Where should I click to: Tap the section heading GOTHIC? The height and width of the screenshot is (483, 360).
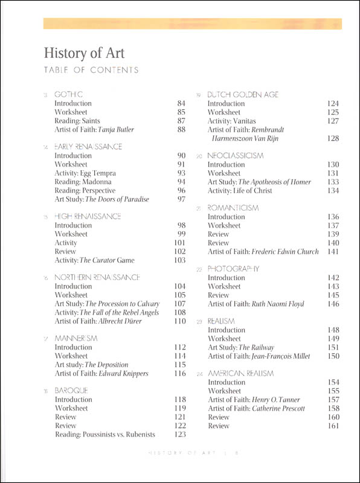(x=68, y=94)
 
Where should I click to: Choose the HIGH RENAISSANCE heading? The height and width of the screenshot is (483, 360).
(x=88, y=216)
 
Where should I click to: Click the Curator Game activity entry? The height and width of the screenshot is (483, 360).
(x=94, y=260)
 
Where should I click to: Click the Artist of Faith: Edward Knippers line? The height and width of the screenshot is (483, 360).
(x=101, y=374)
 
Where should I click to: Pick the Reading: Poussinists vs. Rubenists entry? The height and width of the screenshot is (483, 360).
(x=105, y=434)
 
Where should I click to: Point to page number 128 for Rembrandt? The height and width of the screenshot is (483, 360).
(x=333, y=139)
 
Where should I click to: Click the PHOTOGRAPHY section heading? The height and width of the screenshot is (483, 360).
(x=233, y=269)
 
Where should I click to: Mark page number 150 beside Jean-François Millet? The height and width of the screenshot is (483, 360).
(x=333, y=357)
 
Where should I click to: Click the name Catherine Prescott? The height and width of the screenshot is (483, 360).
(x=277, y=409)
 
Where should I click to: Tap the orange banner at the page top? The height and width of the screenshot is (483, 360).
(x=193, y=24)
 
